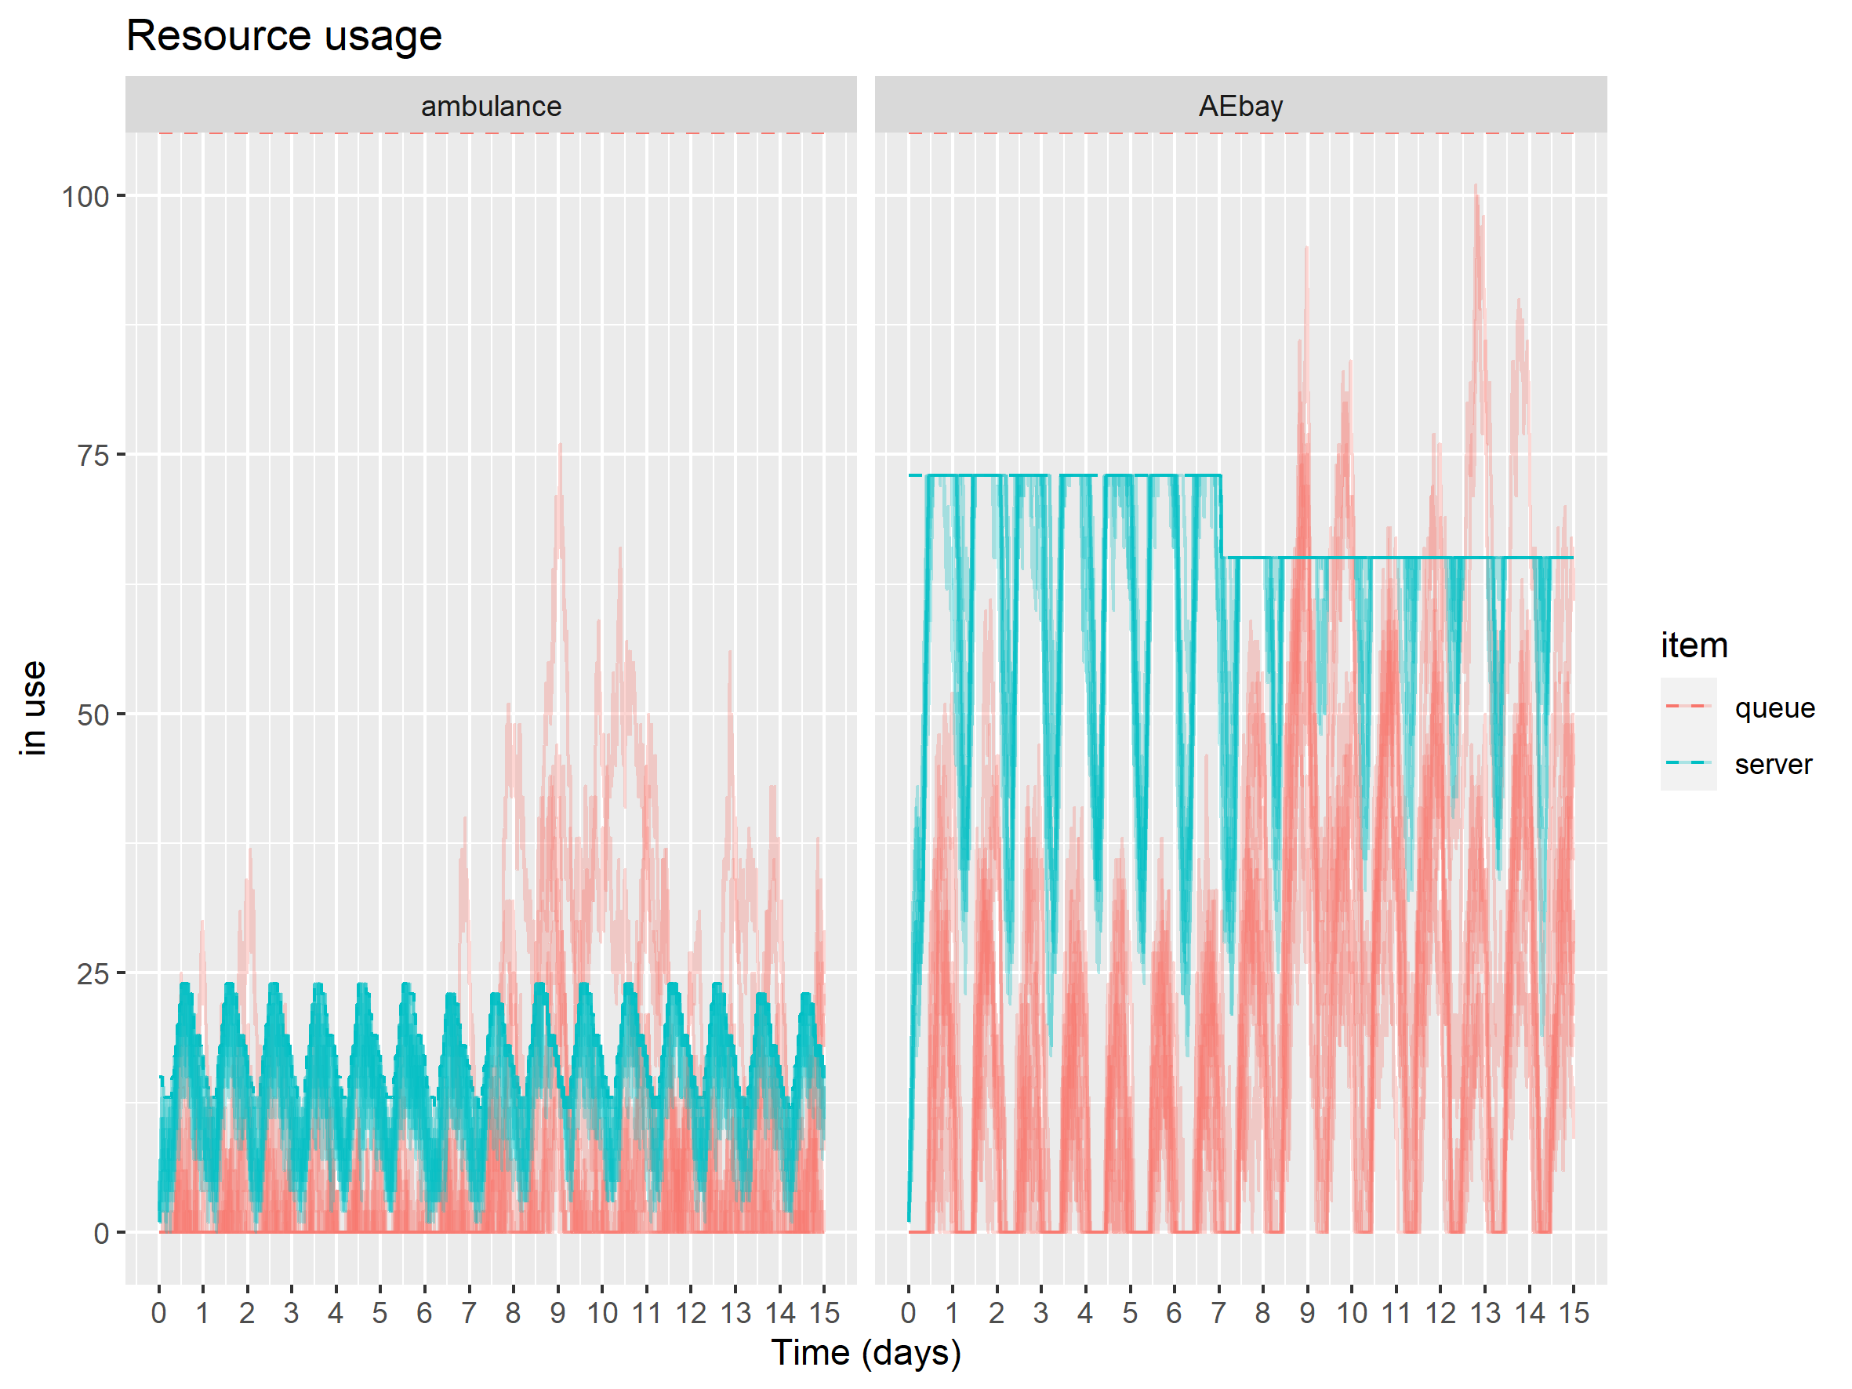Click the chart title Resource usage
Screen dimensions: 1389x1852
click(284, 36)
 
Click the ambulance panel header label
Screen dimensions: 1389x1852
click(491, 107)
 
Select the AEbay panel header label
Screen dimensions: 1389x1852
click(1240, 107)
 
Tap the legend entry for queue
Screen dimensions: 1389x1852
click(1774, 708)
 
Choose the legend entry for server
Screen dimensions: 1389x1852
click(1773, 765)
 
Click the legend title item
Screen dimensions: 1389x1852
click(1694, 645)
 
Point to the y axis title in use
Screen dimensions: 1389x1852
click(34, 708)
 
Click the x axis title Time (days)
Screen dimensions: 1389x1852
click(866, 1352)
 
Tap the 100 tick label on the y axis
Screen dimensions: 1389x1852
click(85, 198)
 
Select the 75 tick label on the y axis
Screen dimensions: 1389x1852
click(93, 456)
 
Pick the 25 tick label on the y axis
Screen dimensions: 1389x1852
click(93, 975)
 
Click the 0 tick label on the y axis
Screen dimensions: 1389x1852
click(101, 1233)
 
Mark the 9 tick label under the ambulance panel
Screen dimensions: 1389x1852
click(557, 1313)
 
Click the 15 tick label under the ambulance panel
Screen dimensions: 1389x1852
click(824, 1313)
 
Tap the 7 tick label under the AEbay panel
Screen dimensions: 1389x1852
click(1218, 1313)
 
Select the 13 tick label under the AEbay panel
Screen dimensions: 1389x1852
click(1485, 1313)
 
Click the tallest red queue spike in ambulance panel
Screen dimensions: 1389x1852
click(560, 445)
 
